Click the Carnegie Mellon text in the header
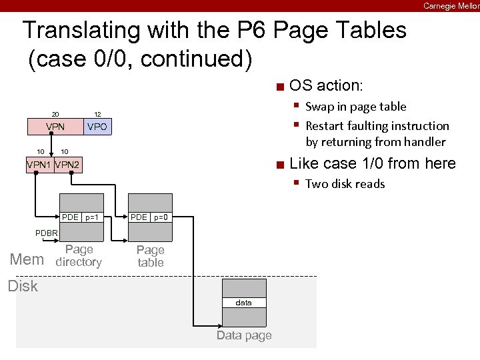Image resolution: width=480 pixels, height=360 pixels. coord(451,5)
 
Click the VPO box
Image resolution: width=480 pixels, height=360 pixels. coord(97,127)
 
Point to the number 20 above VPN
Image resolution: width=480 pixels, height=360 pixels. coord(56,114)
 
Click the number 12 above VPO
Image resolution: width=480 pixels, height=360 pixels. coord(97,114)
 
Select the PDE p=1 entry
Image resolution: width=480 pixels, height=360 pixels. coord(82,217)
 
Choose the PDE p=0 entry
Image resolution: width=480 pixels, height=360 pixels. coord(150,217)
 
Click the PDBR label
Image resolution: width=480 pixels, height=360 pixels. coord(47,233)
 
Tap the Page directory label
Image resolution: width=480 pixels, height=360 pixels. coord(79,255)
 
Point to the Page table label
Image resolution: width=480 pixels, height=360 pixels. coord(150,256)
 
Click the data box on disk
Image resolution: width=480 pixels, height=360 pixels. coord(244,303)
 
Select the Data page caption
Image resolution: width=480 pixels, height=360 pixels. coord(244,335)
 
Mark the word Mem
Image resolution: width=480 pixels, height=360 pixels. coord(27,259)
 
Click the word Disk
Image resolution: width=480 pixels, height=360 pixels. coord(23,286)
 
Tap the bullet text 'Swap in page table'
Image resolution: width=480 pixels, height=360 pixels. coord(355,107)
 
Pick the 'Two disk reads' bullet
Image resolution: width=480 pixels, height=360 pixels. coord(345,184)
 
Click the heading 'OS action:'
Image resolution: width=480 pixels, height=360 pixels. coord(327,85)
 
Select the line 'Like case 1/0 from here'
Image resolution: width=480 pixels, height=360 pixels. coord(373,163)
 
